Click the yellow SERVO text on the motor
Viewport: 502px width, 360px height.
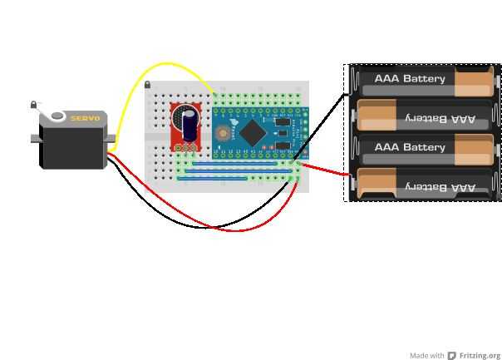(x=85, y=119)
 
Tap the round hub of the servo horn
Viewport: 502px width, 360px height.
(x=57, y=116)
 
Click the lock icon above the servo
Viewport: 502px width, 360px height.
(x=34, y=105)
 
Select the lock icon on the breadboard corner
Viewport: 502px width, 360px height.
(x=148, y=85)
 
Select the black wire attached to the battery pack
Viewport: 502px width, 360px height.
(x=324, y=116)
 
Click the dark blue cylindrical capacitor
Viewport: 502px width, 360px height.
(x=190, y=126)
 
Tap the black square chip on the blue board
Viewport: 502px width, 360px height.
(x=254, y=132)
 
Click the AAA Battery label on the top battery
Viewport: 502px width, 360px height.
(x=410, y=79)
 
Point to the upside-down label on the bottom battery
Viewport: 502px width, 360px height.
(x=440, y=187)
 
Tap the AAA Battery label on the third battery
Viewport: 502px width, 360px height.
(x=410, y=147)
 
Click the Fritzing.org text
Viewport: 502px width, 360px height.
(x=480, y=356)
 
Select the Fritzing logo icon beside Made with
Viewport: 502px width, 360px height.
(x=452, y=356)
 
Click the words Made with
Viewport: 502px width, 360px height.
(x=427, y=356)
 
